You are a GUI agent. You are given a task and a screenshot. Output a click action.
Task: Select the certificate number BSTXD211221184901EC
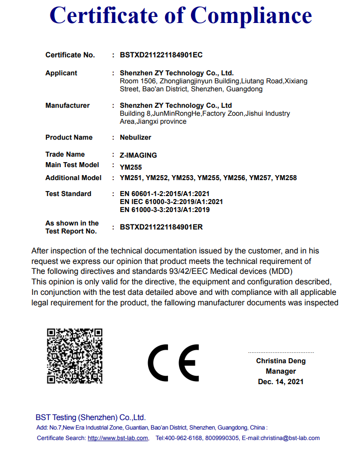click(161, 55)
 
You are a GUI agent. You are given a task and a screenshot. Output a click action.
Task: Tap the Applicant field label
click(61, 73)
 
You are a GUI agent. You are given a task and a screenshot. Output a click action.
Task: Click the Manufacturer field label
click(67, 105)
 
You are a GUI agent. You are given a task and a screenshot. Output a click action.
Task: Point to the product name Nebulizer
click(135, 137)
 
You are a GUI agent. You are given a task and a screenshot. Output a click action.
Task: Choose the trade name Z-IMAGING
click(138, 155)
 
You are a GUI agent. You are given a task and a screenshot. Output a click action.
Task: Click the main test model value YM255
click(131, 167)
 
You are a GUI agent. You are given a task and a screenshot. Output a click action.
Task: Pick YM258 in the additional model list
click(286, 178)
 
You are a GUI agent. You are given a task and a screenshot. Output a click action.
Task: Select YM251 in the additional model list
click(131, 178)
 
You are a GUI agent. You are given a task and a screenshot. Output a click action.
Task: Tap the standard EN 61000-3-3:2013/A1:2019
click(165, 210)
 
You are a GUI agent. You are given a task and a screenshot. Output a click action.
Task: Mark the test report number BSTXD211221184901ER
click(161, 227)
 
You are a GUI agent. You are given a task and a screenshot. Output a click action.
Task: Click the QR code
click(75, 356)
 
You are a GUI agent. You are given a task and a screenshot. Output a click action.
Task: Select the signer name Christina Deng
click(281, 361)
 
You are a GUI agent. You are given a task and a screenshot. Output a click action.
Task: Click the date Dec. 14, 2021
click(281, 382)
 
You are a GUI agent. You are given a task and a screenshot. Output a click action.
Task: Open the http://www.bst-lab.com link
click(118, 438)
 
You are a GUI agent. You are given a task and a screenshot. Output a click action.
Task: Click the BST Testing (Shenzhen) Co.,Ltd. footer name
click(90, 418)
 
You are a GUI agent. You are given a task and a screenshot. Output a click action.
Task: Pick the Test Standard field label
click(68, 194)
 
